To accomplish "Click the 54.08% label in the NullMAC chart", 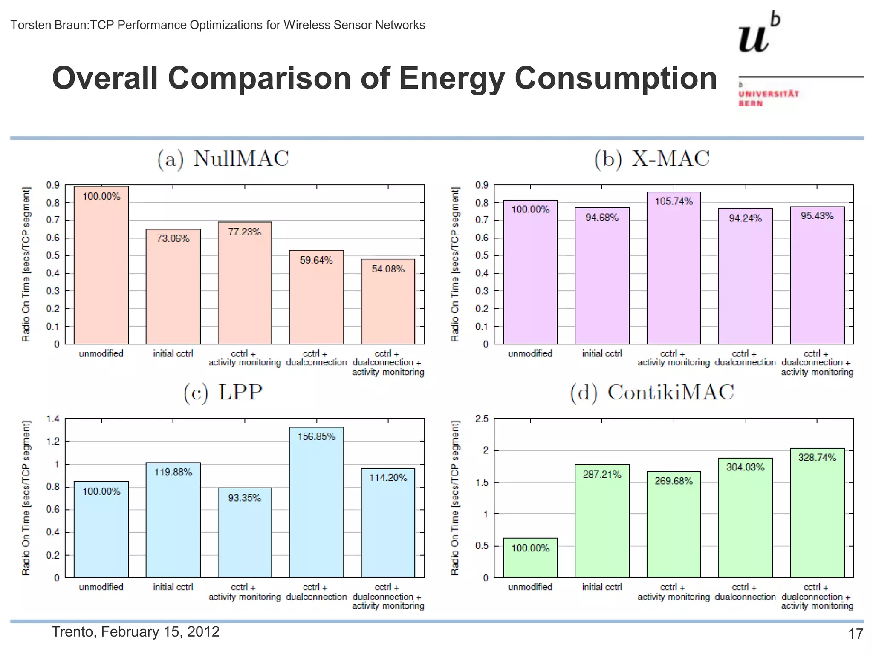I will pyautogui.click(x=388, y=269).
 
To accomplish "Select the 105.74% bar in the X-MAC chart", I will pyautogui.click(x=674, y=272).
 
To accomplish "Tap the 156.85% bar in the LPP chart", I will pyautogui.click(x=316, y=507).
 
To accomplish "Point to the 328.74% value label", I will pyautogui.click(x=817, y=458).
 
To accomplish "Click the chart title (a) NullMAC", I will pyautogui.click(x=223, y=159).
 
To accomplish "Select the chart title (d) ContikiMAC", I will pyautogui.click(x=652, y=393).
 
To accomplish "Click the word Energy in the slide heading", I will pyautogui.click(x=452, y=78).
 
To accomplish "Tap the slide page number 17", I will pyautogui.click(x=855, y=634).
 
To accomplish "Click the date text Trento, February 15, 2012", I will pyautogui.click(x=136, y=631).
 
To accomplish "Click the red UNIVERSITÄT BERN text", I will pyautogui.click(x=769, y=98).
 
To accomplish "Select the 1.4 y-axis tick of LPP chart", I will pyautogui.click(x=53, y=419).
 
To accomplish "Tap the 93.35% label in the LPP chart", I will pyautogui.click(x=244, y=498).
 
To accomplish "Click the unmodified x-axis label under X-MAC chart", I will pyautogui.click(x=530, y=353).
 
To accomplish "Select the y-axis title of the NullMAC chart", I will pyautogui.click(x=26, y=264).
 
